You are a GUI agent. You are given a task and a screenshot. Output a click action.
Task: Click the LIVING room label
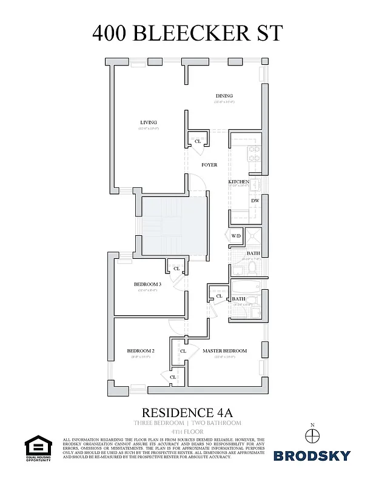(x=148, y=122)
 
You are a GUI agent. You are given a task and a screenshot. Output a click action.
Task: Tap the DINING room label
(x=224, y=96)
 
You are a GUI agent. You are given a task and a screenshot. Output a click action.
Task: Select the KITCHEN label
(x=238, y=182)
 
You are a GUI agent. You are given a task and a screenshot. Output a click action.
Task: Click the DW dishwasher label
(x=255, y=200)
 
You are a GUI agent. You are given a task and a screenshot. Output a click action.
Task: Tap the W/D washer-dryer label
(x=236, y=236)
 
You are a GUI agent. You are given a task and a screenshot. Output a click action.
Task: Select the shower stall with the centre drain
(x=255, y=236)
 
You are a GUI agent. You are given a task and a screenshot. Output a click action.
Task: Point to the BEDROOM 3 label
(x=147, y=284)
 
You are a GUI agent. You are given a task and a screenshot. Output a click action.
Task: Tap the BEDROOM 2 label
(x=141, y=351)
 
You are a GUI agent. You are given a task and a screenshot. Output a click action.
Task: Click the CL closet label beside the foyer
(x=198, y=141)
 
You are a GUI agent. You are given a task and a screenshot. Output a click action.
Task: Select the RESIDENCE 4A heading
(x=187, y=410)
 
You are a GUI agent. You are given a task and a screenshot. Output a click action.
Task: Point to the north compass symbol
(x=312, y=435)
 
